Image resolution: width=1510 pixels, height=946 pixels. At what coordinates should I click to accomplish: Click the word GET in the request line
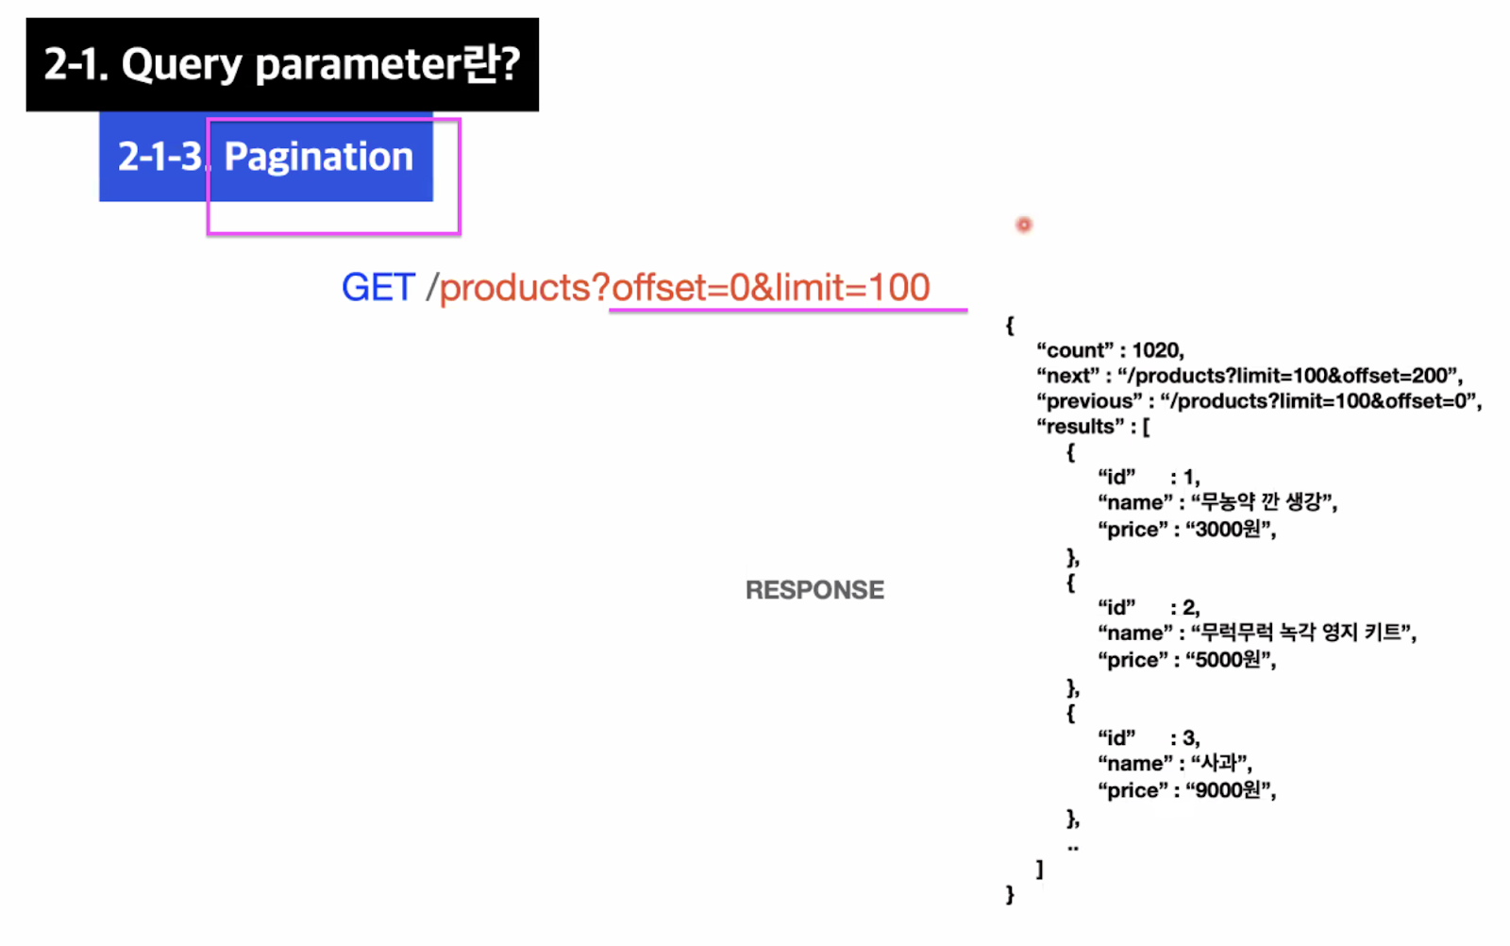pos(377,287)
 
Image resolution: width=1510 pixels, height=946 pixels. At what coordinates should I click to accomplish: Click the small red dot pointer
pos(1024,225)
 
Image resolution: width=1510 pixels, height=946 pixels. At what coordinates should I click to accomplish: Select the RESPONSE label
pos(814,590)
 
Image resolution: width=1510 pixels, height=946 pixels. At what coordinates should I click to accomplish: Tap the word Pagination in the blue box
pos(319,157)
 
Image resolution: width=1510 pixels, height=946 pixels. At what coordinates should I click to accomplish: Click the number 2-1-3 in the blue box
pos(159,157)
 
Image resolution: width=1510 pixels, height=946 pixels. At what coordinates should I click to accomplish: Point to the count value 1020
pos(1157,350)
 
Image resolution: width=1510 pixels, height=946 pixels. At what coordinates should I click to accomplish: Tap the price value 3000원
pos(1230,530)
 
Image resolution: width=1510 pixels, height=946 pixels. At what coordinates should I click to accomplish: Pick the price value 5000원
pos(1230,660)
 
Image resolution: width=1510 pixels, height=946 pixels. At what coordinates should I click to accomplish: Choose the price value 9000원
pos(1230,790)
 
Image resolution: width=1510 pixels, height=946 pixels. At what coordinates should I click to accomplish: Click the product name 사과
pos(1220,763)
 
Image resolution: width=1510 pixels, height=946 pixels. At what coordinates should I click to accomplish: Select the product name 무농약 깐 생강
pos(1263,502)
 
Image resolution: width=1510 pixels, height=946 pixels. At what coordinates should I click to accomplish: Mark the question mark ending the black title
pos(510,64)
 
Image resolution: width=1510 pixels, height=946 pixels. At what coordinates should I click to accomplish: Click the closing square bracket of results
pos(1040,870)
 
